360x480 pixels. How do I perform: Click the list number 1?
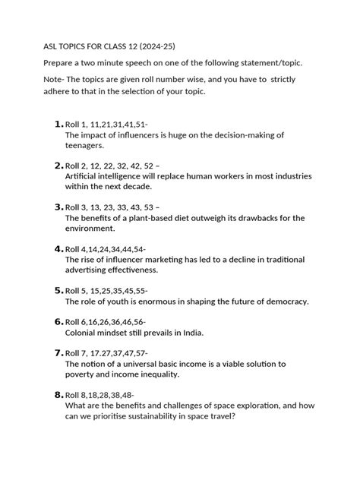(x=58, y=124)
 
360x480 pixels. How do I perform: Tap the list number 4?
(x=58, y=248)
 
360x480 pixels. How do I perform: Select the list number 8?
(x=58, y=394)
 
